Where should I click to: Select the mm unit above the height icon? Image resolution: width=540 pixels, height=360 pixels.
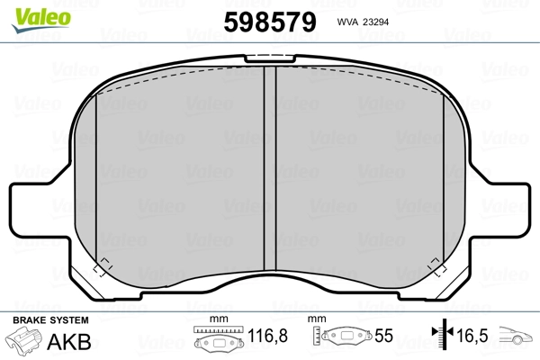click(x=317, y=320)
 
